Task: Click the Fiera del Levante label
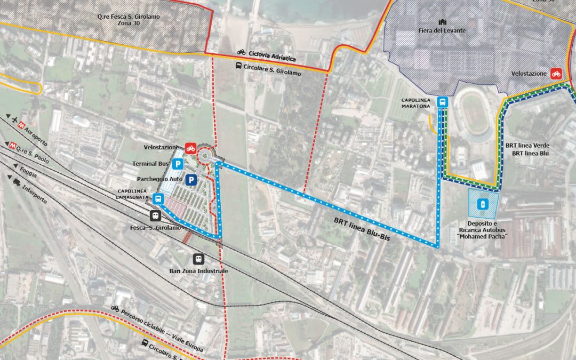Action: [x=442, y=30]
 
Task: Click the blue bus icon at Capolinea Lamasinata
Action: [x=157, y=199]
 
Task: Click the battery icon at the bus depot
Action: [x=483, y=204]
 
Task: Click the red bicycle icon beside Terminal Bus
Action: [x=190, y=148]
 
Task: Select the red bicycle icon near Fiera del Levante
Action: [x=556, y=74]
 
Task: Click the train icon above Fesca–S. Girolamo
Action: [x=155, y=216]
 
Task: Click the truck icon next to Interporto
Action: [x=17, y=182]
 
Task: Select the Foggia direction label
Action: [x=29, y=172]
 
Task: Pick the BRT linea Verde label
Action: [x=526, y=145]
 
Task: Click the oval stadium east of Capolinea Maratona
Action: [x=474, y=114]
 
